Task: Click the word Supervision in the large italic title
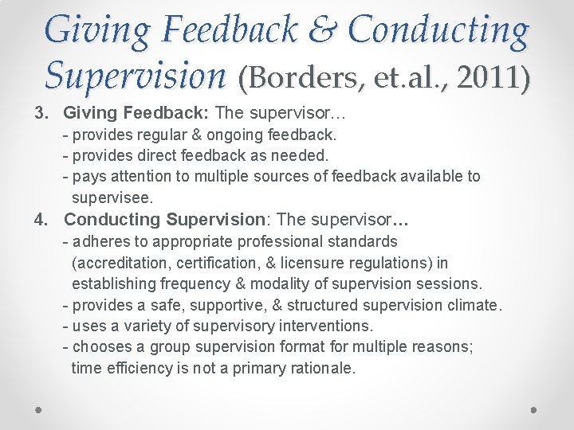136,75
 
